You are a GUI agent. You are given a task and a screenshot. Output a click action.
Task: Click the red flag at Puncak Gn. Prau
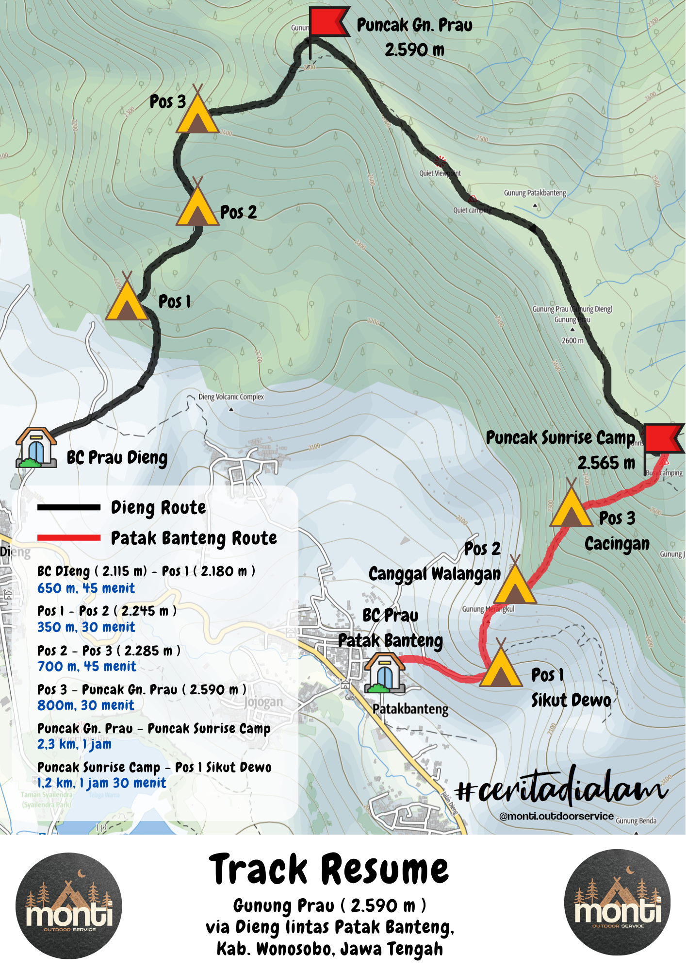tap(327, 22)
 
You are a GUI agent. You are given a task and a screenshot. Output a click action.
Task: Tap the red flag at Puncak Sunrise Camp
tap(663, 438)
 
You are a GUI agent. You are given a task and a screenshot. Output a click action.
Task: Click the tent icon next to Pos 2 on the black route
tap(197, 205)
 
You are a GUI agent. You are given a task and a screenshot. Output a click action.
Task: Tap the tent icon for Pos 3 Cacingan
tap(571, 506)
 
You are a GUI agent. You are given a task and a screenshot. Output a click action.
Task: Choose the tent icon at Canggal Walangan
tap(515, 583)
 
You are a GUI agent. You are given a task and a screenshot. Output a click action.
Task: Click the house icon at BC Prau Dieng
tap(35, 448)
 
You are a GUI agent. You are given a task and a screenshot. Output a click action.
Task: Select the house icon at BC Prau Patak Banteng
tap(384, 673)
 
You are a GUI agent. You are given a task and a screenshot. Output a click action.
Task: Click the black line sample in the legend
tap(69, 508)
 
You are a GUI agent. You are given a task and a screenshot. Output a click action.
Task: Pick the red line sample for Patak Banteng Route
tap(69, 538)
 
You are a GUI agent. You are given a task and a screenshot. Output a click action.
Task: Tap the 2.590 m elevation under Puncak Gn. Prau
tap(414, 50)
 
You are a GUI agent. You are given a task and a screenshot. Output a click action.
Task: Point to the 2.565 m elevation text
tap(606, 463)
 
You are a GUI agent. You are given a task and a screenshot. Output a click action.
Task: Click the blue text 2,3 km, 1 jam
tap(74, 744)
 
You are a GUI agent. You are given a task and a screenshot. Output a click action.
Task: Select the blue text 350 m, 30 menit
tap(86, 627)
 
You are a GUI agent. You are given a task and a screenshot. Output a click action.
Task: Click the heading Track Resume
tap(328, 870)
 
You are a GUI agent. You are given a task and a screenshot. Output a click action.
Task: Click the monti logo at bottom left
tap(68, 906)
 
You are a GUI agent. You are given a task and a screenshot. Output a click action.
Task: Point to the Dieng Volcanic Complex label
tap(231, 397)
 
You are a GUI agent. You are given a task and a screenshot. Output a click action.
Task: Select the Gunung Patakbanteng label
tap(535, 193)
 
